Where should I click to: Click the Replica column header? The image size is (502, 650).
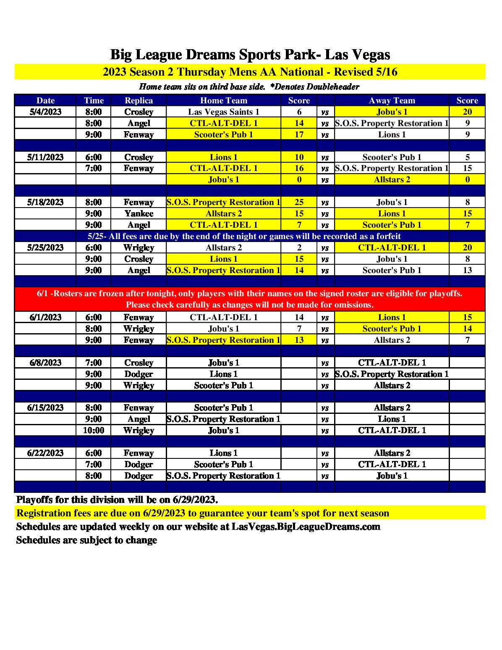pyautogui.click(x=139, y=100)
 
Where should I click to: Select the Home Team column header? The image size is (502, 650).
pyautogui.click(x=223, y=100)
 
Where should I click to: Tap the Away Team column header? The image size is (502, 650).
pyautogui.click(x=392, y=100)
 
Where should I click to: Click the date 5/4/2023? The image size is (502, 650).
pyautogui.click(x=45, y=112)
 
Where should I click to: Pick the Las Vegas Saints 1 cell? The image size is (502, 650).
pyautogui.click(x=223, y=112)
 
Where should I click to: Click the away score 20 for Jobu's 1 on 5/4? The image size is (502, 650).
pyautogui.click(x=467, y=112)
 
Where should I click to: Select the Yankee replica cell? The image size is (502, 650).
pyautogui.click(x=139, y=213)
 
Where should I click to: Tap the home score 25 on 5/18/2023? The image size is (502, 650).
pyautogui.click(x=299, y=202)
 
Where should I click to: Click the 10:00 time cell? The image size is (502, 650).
pyautogui.click(x=93, y=430)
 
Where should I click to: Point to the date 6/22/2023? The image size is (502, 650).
pyautogui.click(x=45, y=453)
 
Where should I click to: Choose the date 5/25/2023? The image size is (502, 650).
pyautogui.click(x=45, y=247)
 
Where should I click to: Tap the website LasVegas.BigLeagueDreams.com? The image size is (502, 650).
pyautogui.click(x=306, y=526)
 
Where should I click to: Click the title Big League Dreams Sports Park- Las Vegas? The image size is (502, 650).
pyautogui.click(x=250, y=55)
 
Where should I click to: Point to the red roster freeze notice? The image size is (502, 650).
pyautogui.click(x=250, y=299)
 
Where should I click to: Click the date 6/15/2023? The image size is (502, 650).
pyautogui.click(x=45, y=408)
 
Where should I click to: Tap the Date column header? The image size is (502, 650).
pyautogui.click(x=45, y=100)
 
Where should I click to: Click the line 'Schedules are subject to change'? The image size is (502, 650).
pyautogui.click(x=86, y=540)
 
